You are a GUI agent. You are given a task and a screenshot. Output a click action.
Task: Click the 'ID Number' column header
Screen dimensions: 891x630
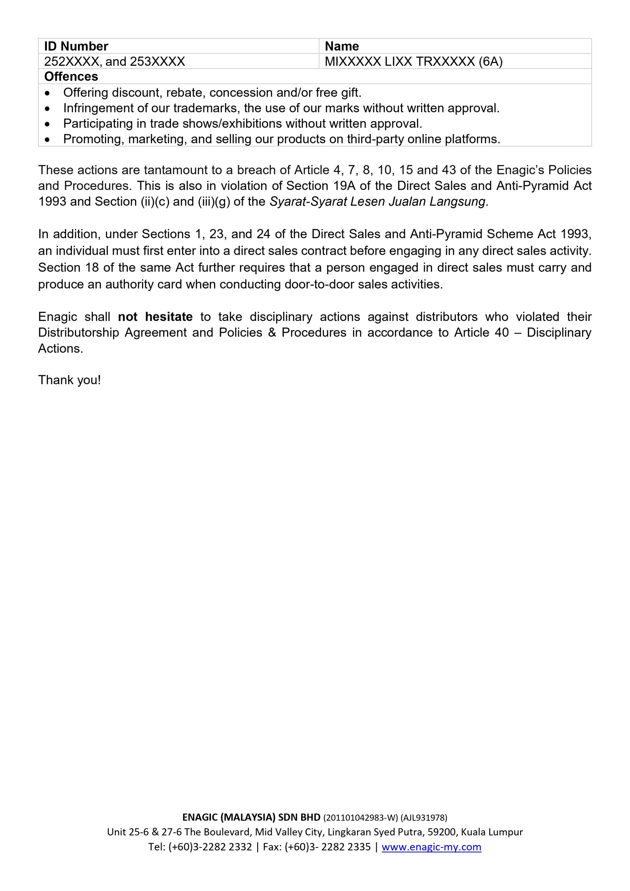point(76,46)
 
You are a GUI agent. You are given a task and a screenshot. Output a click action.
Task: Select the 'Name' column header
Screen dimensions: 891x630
point(341,46)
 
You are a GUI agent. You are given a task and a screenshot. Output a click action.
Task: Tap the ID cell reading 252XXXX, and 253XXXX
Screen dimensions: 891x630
point(115,61)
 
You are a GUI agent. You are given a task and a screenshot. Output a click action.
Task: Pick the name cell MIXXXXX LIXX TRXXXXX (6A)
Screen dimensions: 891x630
point(414,61)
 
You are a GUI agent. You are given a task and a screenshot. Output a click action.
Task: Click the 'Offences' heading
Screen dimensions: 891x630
point(71,77)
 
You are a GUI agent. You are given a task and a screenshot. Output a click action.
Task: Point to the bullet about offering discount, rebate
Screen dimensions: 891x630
point(212,92)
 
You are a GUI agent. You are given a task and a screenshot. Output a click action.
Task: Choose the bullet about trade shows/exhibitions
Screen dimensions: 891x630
point(242,124)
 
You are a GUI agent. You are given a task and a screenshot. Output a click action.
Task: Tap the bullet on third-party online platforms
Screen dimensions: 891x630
point(282,139)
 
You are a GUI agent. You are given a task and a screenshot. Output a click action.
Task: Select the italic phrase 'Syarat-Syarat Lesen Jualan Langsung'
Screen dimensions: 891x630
point(377,202)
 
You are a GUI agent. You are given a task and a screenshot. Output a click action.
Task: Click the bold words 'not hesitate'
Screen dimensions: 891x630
point(155,317)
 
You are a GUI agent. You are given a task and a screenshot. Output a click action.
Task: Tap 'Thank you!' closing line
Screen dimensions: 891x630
point(70,380)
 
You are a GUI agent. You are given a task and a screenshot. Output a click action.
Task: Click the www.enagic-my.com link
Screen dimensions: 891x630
point(431,847)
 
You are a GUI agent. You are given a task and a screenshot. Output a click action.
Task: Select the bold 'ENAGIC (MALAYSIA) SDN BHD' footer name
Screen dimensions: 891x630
point(251,818)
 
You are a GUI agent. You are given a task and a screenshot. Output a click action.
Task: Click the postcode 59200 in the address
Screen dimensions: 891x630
point(444,832)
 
